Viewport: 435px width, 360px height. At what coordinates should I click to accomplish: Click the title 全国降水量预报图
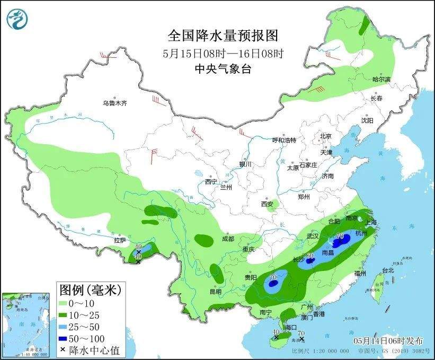(223, 36)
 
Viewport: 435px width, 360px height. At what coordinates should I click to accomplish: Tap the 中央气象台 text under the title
(223, 68)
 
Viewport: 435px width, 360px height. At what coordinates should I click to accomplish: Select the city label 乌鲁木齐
(115, 103)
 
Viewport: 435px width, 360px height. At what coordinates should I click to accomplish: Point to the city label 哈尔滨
(380, 79)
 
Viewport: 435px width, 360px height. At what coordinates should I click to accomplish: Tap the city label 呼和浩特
(284, 140)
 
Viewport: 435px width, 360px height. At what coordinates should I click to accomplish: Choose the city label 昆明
(215, 291)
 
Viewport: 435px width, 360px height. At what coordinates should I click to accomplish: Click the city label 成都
(228, 239)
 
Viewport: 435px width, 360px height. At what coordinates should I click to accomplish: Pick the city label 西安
(267, 204)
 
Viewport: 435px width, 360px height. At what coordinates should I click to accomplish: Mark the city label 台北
(388, 270)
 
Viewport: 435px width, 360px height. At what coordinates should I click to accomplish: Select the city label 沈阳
(367, 121)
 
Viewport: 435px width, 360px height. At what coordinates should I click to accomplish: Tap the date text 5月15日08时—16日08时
(223, 53)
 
